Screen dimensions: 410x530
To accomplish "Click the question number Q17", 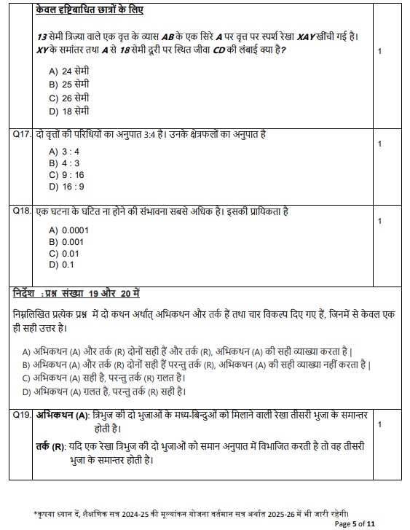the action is [22, 135].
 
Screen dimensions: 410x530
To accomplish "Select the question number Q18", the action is [22, 211].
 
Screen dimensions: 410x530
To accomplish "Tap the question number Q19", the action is [22, 415].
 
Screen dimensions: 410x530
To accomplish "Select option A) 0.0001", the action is [68, 230].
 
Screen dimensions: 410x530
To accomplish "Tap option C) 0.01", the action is [64, 253].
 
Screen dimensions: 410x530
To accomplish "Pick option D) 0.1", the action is [62, 265].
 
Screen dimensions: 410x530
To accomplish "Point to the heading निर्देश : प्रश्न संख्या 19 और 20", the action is [76, 293].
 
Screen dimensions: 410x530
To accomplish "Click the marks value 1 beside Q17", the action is [379, 144].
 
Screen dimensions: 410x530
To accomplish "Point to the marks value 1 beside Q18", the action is [379, 220].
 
